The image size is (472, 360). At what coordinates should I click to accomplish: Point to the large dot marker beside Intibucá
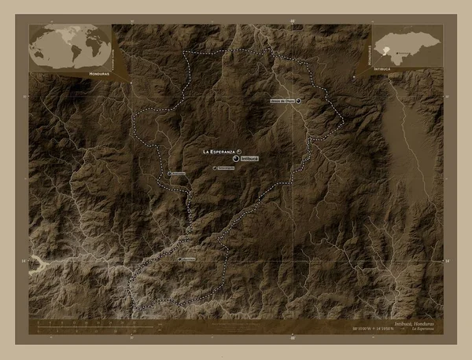point(235,158)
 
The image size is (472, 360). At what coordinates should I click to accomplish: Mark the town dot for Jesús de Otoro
point(298,101)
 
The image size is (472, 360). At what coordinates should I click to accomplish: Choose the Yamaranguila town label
point(226,168)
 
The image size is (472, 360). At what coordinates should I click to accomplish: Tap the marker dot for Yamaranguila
point(215,167)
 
